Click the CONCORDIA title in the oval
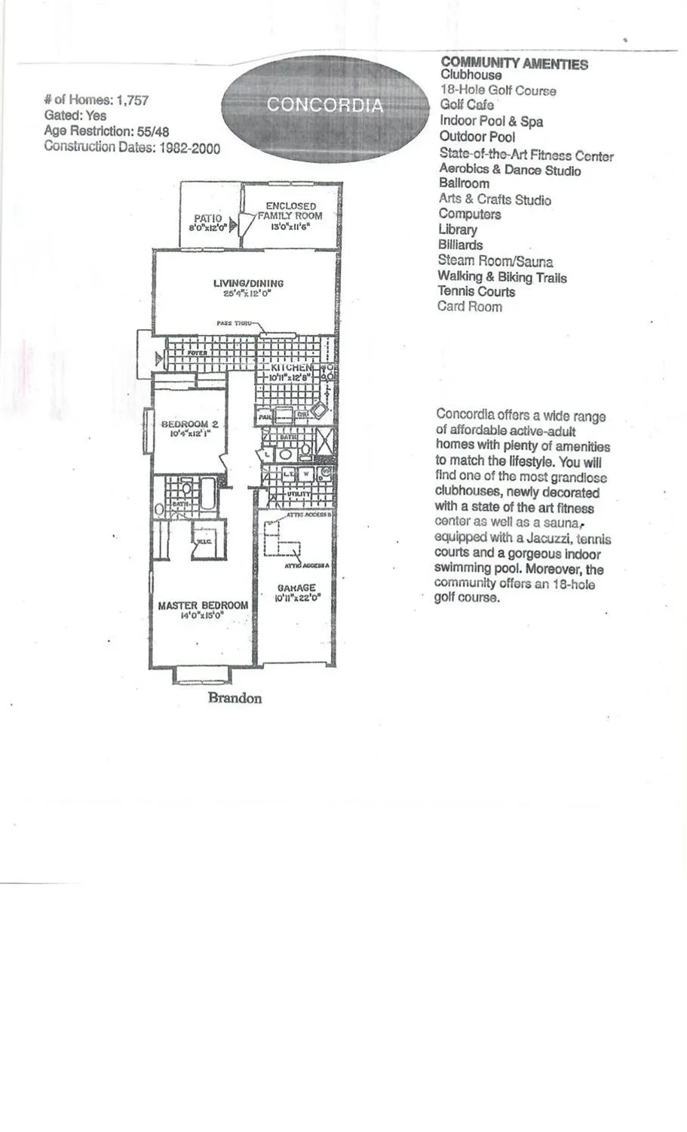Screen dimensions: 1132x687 coord(324,105)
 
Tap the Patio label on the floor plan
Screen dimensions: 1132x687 coord(207,219)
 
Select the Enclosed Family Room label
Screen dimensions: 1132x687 coord(290,211)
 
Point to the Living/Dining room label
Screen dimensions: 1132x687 coord(248,284)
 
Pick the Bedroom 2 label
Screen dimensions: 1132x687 coord(189,424)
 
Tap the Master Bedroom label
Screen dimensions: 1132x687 coord(203,605)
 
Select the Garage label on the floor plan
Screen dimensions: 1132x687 coord(296,588)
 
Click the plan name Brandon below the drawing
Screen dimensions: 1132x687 coord(235,698)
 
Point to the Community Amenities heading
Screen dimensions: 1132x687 coord(514,63)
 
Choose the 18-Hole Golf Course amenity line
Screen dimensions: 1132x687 coord(498,91)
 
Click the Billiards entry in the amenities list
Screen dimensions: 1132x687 coord(460,245)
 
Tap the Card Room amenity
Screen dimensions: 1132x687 coord(469,306)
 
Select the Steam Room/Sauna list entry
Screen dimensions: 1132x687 coord(495,261)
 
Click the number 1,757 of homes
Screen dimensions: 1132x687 coord(132,100)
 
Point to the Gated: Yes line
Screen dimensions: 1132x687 coord(75,115)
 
